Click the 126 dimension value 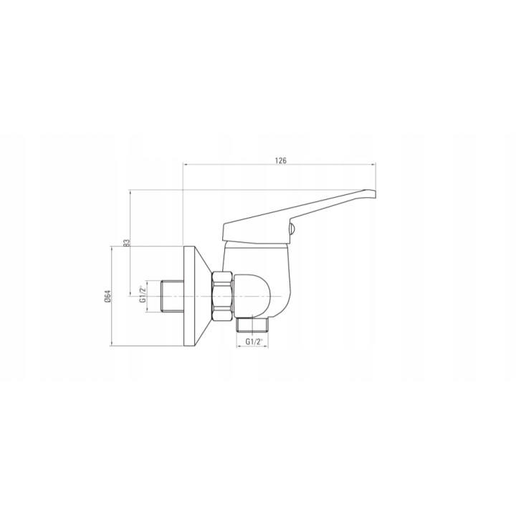coord(280,161)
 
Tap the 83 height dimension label coord(127,242)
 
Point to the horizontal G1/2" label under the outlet coord(254,342)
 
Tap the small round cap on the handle coord(292,229)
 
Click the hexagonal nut coord(223,296)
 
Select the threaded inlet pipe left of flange coord(172,296)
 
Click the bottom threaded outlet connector coord(252,325)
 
